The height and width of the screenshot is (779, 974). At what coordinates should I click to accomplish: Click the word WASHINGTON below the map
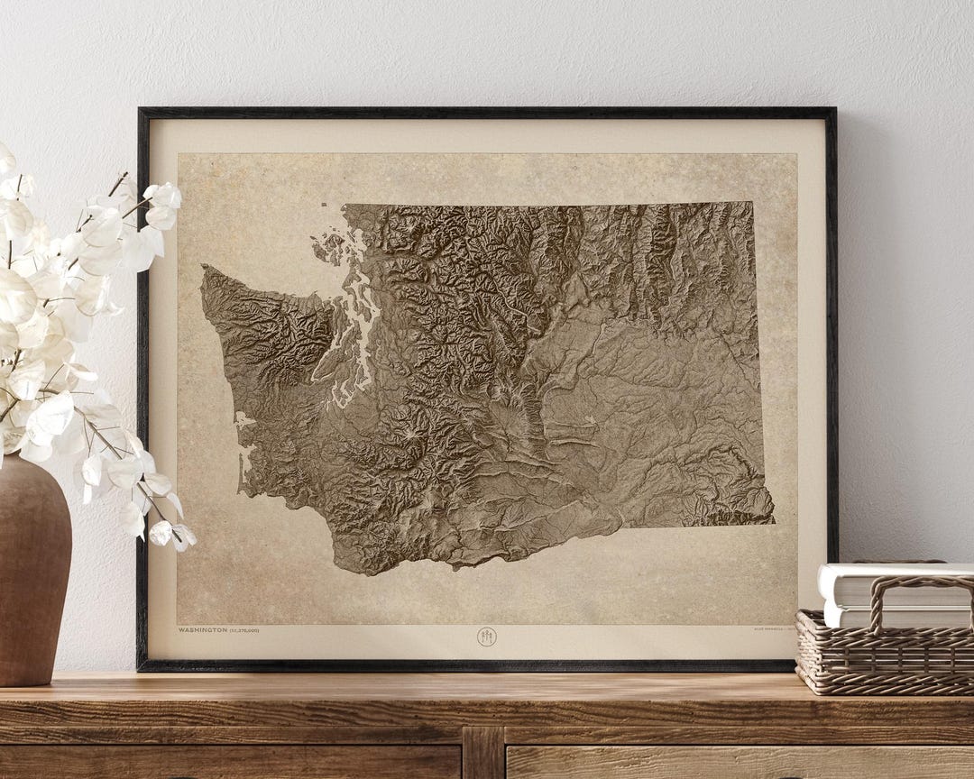click(203, 630)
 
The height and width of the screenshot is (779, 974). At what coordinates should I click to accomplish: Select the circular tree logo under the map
click(486, 637)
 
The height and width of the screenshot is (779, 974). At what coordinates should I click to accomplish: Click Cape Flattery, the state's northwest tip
click(204, 268)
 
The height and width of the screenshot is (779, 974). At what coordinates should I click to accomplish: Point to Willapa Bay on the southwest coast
click(246, 460)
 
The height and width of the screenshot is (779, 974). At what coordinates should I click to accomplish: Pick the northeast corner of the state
click(752, 204)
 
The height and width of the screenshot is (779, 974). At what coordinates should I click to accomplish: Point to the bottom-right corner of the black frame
click(834, 667)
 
